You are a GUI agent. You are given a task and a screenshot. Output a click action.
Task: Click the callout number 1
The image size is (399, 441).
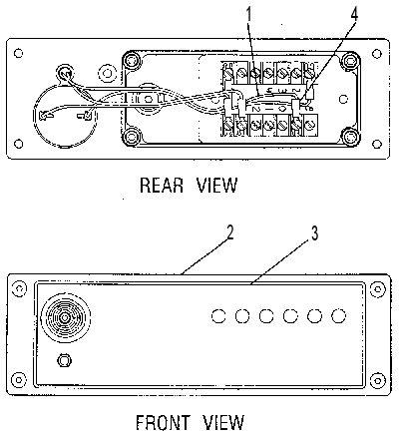[x=248, y=15]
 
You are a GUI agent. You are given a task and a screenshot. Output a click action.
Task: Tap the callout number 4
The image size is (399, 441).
[x=354, y=14]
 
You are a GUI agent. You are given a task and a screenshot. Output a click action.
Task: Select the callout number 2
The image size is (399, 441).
[x=229, y=232]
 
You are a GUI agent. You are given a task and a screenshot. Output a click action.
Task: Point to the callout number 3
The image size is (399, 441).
[x=314, y=233]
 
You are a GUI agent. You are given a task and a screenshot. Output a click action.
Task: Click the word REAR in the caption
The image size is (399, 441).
[x=162, y=186]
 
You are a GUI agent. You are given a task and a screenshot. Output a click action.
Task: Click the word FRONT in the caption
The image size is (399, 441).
[x=162, y=422]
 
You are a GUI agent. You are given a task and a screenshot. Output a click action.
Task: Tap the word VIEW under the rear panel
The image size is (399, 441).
[x=216, y=186]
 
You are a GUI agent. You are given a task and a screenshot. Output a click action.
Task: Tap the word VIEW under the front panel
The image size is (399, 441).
[x=223, y=422]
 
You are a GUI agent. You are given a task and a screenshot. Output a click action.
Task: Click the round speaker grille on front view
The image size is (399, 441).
[x=65, y=318]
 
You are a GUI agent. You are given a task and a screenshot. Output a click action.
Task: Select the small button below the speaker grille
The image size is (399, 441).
[x=64, y=360]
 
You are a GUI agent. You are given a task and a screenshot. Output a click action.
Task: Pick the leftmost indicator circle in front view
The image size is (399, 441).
[x=218, y=316]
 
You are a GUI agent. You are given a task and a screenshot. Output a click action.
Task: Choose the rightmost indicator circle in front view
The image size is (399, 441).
[x=338, y=316]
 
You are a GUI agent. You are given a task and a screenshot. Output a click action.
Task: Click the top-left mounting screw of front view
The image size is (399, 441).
[x=19, y=288]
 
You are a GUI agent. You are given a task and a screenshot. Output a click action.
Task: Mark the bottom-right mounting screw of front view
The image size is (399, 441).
[x=377, y=379]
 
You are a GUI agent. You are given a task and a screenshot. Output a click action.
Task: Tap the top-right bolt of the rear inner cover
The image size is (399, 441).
[x=351, y=61]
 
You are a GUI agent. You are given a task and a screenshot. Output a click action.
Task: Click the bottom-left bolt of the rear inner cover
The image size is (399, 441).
[x=133, y=136]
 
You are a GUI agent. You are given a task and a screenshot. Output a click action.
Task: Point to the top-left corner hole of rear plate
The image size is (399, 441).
[x=19, y=53]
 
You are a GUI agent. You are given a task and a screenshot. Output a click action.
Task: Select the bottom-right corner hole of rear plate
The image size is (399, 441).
[x=377, y=144]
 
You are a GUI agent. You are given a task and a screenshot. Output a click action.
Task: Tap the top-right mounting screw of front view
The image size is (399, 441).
[x=377, y=289]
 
